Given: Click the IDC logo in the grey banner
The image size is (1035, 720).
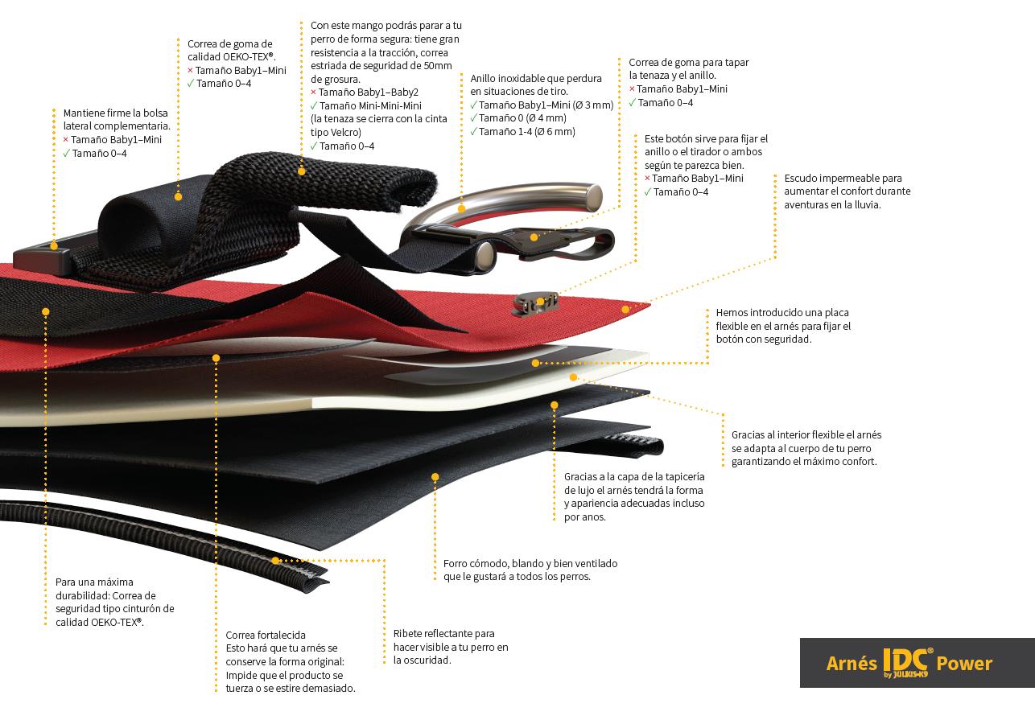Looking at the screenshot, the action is tap(907, 662).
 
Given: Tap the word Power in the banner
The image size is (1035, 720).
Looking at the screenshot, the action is tap(964, 664).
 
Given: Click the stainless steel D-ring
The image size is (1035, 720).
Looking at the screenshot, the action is tap(504, 204).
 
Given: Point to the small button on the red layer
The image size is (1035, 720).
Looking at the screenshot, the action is tap(536, 304).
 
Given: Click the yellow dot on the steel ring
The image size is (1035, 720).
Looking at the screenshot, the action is tap(461, 208).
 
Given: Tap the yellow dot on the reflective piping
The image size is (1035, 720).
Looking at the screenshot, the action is tap(275, 561).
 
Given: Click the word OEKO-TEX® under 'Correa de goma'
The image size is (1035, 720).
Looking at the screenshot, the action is tap(249, 57).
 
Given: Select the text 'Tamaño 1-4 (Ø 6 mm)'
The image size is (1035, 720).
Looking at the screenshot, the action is tap(526, 132).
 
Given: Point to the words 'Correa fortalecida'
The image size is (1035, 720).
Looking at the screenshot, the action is tap(266, 635).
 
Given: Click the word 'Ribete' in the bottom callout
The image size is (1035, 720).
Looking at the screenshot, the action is tap(407, 634).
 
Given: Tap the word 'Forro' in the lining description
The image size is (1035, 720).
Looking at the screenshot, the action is tap(455, 563).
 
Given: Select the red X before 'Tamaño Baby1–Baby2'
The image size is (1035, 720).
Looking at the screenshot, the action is tap(313, 92).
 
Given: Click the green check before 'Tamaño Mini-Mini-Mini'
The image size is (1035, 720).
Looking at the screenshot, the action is tap(314, 105).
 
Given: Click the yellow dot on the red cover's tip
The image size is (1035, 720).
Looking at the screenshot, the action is tap(625, 310).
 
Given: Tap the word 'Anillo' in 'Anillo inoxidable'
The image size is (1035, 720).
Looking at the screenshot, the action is tap(484, 79).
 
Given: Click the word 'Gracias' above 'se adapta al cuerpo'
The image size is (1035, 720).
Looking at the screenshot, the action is tap(748, 435).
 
